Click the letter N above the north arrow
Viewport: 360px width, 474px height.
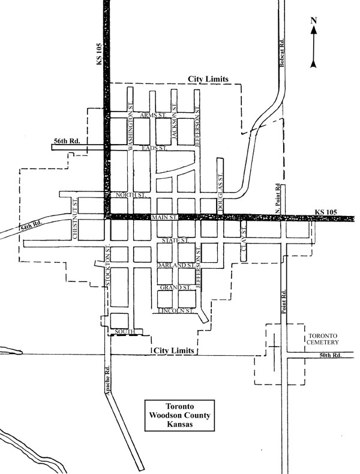tap(313, 21)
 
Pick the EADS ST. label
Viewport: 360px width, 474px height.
tap(153, 147)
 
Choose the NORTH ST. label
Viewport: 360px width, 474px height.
tap(131, 195)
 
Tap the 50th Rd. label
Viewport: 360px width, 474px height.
tap(329, 356)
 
